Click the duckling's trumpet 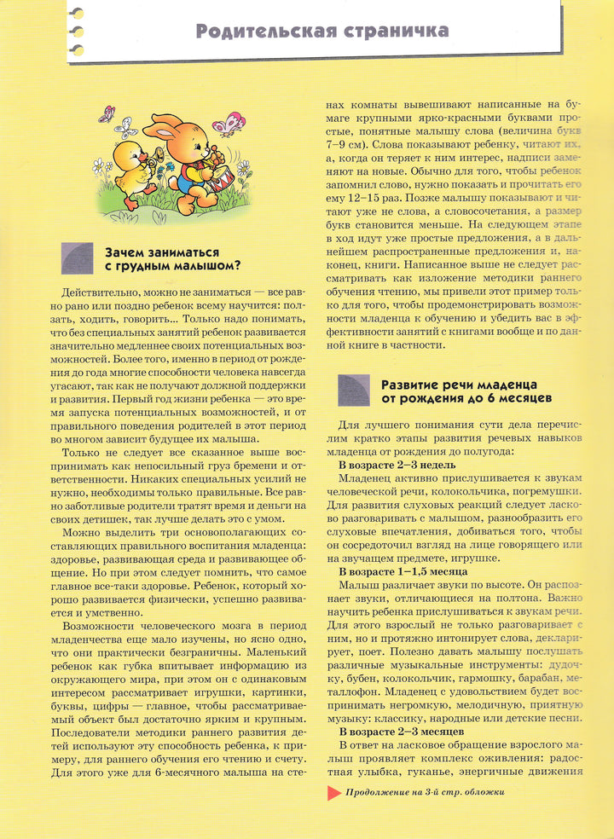(158, 156)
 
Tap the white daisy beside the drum (243, 168)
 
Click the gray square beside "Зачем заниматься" (78, 257)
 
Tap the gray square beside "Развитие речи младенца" (354, 390)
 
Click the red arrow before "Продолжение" (333, 791)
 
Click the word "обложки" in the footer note (483, 791)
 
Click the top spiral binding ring (78, 11)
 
